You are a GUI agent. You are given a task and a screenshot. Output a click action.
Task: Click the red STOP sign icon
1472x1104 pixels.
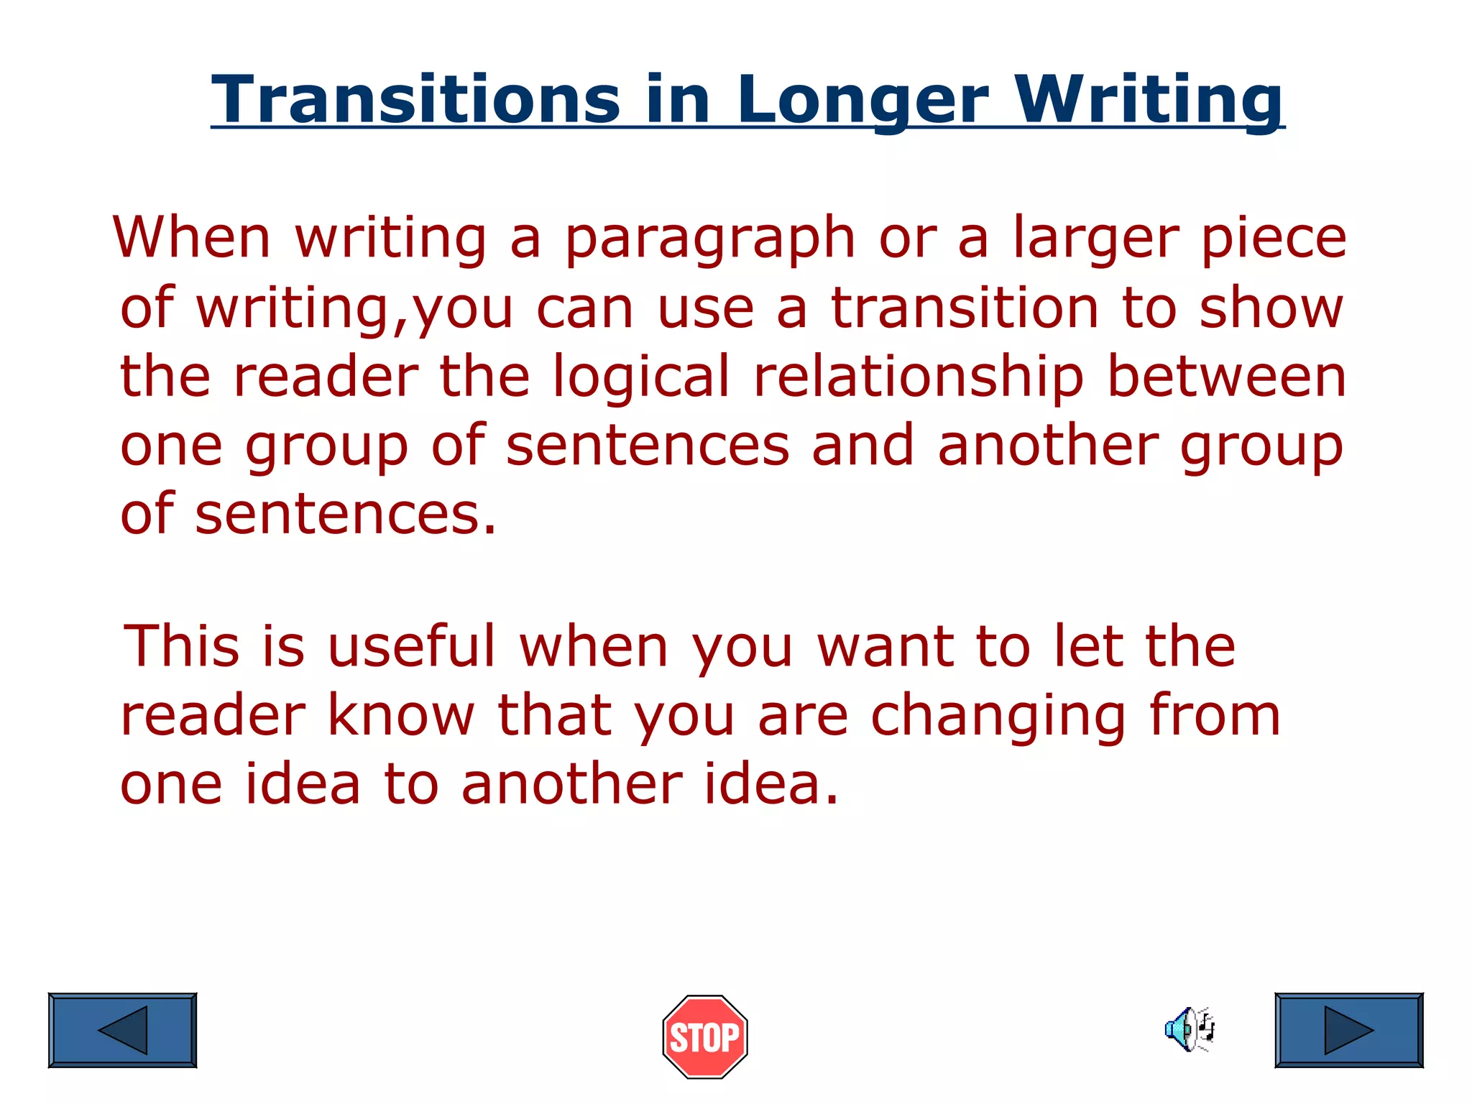(704, 1036)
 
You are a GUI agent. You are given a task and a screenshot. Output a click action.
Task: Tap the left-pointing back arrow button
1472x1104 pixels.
(122, 1030)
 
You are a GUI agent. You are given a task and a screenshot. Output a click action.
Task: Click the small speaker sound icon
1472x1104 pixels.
(1190, 1029)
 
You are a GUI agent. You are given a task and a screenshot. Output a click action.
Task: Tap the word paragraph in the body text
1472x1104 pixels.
(710, 239)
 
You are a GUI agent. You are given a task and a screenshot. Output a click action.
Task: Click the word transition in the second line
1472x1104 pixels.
(965, 308)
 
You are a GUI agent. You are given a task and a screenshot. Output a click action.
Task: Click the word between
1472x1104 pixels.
(1226, 377)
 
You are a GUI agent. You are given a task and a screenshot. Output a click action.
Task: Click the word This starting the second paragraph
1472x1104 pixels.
(181, 645)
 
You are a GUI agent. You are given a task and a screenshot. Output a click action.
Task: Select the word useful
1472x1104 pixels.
(411, 645)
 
